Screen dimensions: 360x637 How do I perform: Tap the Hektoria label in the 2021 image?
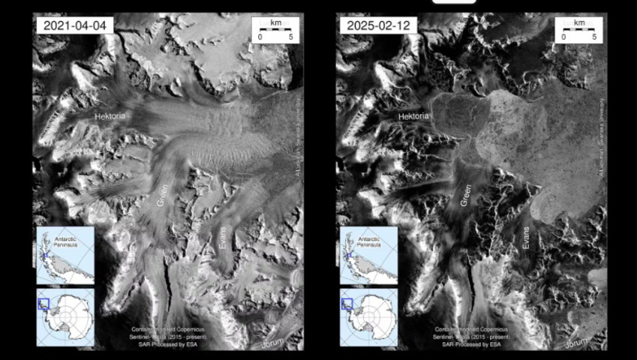[111, 117]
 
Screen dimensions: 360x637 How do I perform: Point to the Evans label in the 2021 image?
[224, 238]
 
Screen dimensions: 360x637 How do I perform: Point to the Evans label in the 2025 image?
[527, 238]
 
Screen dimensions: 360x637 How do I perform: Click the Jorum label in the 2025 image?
[578, 343]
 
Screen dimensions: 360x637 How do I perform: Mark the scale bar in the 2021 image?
[275, 30]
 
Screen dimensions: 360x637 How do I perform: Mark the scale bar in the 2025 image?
[578, 30]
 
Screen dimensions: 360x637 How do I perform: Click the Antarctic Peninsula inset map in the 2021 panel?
[65, 256]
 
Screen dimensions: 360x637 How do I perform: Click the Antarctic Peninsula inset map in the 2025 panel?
[368, 256]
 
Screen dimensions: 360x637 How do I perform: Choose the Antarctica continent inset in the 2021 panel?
[65, 316]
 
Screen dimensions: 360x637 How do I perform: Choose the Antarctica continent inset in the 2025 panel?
[368, 316]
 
